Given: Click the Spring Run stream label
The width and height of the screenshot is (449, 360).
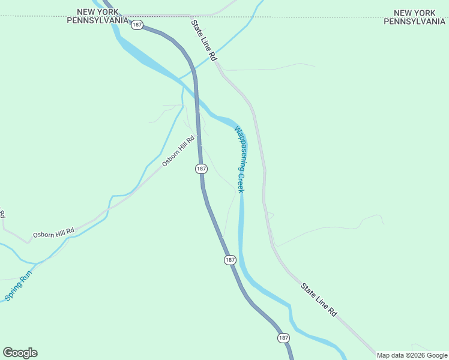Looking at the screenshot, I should (18, 288).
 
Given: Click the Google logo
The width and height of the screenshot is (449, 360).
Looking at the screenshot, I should (20, 353).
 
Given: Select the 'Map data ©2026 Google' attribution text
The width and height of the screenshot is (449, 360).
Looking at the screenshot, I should (412, 355).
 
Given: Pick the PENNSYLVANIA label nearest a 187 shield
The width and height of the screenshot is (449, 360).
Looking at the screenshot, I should (97, 20).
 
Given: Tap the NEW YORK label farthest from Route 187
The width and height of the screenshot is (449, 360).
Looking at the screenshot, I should (415, 13).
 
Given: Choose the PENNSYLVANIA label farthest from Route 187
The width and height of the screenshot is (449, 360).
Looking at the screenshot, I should (415, 21).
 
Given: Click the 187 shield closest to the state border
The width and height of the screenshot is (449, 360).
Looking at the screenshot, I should (137, 25).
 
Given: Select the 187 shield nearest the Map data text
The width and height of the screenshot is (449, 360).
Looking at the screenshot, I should (283, 338).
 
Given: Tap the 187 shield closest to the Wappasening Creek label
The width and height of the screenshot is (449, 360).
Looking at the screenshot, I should (201, 169).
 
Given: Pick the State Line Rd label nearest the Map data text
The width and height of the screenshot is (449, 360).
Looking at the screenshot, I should (319, 300).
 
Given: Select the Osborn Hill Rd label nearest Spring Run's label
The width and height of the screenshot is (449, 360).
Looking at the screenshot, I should (53, 232).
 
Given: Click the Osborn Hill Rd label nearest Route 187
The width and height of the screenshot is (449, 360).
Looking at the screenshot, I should (179, 152).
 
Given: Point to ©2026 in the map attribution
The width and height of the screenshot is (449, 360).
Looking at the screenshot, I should (414, 355).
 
